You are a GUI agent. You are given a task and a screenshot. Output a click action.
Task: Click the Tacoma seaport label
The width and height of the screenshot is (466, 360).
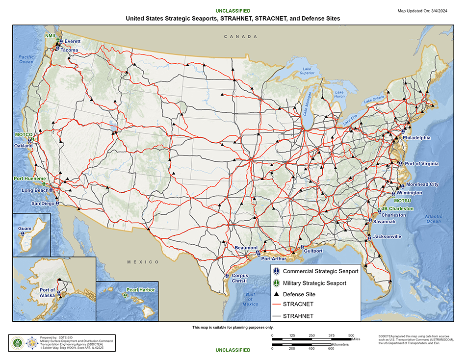point(70,50)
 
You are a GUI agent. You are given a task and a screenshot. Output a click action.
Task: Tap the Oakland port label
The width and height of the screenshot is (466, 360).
point(23,146)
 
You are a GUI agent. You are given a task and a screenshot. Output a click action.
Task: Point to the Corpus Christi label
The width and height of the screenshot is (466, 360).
point(239,279)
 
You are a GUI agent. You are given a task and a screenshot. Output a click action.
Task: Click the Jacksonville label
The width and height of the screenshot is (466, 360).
point(387,236)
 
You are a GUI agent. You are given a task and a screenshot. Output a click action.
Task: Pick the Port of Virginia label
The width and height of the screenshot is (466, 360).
point(422,164)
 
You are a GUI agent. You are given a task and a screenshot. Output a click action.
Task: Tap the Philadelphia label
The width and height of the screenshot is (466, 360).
point(417,138)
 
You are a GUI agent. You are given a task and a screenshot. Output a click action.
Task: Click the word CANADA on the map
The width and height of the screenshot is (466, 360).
point(240,37)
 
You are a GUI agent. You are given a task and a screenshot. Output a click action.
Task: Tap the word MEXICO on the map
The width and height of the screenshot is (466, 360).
point(143,262)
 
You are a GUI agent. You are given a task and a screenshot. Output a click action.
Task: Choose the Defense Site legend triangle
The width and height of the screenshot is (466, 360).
point(277,294)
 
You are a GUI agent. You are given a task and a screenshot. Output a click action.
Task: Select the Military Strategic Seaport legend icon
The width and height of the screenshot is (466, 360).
point(277,283)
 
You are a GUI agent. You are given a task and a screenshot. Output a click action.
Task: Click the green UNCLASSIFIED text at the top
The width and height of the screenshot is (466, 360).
point(233,11)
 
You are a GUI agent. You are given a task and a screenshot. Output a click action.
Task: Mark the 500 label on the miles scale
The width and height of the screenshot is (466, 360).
point(351,335)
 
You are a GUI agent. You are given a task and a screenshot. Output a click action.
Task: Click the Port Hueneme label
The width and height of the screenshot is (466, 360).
point(29,179)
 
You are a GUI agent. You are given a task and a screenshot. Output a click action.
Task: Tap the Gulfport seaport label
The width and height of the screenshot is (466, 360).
point(313,251)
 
